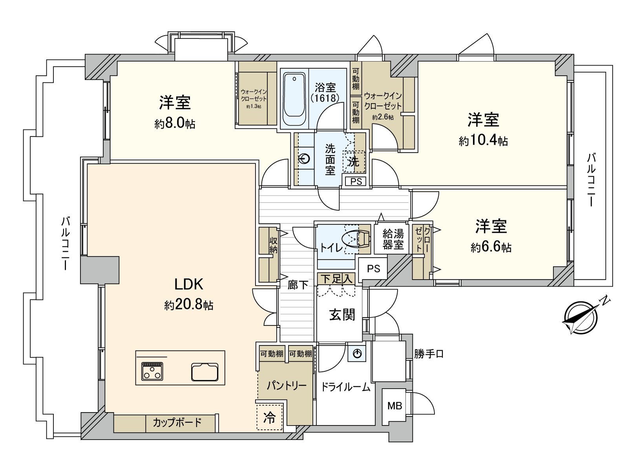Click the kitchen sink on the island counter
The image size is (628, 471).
click(204, 371)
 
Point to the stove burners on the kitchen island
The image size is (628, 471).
click(152, 371)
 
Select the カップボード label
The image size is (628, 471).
click(177, 423)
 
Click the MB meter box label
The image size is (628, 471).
click(394, 406)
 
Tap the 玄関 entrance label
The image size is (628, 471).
click(342, 314)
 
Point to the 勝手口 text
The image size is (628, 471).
click(429, 354)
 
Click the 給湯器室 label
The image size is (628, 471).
click(393, 239)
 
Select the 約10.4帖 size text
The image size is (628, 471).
click(483, 141)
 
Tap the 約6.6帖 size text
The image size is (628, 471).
click(491, 247)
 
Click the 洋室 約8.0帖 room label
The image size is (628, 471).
click(175, 112)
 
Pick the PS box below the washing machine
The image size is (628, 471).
click(356, 181)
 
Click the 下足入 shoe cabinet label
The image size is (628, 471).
click(336, 279)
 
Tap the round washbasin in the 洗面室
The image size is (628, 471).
click(305, 159)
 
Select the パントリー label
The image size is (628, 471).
click(287, 385)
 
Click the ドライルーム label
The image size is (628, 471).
click(345, 387)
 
